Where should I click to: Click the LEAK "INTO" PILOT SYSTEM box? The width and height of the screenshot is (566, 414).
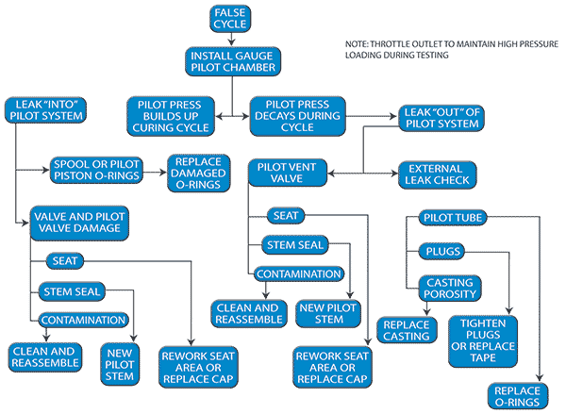44,109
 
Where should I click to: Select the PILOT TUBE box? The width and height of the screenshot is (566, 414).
452,219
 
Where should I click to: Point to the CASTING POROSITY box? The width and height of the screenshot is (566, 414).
450,290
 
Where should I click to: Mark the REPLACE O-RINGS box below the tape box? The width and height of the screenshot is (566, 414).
517,395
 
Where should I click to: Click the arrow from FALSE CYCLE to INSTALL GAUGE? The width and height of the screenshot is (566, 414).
230,39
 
